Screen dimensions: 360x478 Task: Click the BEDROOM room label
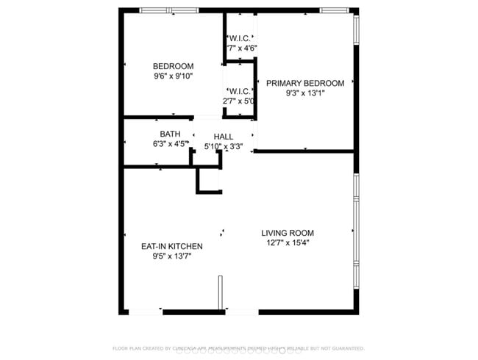[174, 66]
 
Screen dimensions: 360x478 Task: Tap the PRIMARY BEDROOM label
[305, 83]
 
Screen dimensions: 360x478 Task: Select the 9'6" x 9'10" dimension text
[174, 76]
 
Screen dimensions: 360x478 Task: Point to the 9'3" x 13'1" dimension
[305, 93]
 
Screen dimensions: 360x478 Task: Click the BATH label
[170, 134]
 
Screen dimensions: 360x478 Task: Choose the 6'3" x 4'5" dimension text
[170, 144]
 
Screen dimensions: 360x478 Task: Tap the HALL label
[224, 137]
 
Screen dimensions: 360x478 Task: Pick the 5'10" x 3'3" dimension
[224, 146]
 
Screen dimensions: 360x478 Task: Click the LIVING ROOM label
[288, 233]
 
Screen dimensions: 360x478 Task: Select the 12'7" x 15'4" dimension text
[288, 243]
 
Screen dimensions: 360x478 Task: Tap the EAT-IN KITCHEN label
[171, 247]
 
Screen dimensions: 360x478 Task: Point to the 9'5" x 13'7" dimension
[171, 257]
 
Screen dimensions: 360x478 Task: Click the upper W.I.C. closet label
[240, 38]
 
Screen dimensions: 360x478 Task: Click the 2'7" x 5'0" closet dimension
[239, 101]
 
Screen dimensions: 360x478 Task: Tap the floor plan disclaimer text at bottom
[238, 348]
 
